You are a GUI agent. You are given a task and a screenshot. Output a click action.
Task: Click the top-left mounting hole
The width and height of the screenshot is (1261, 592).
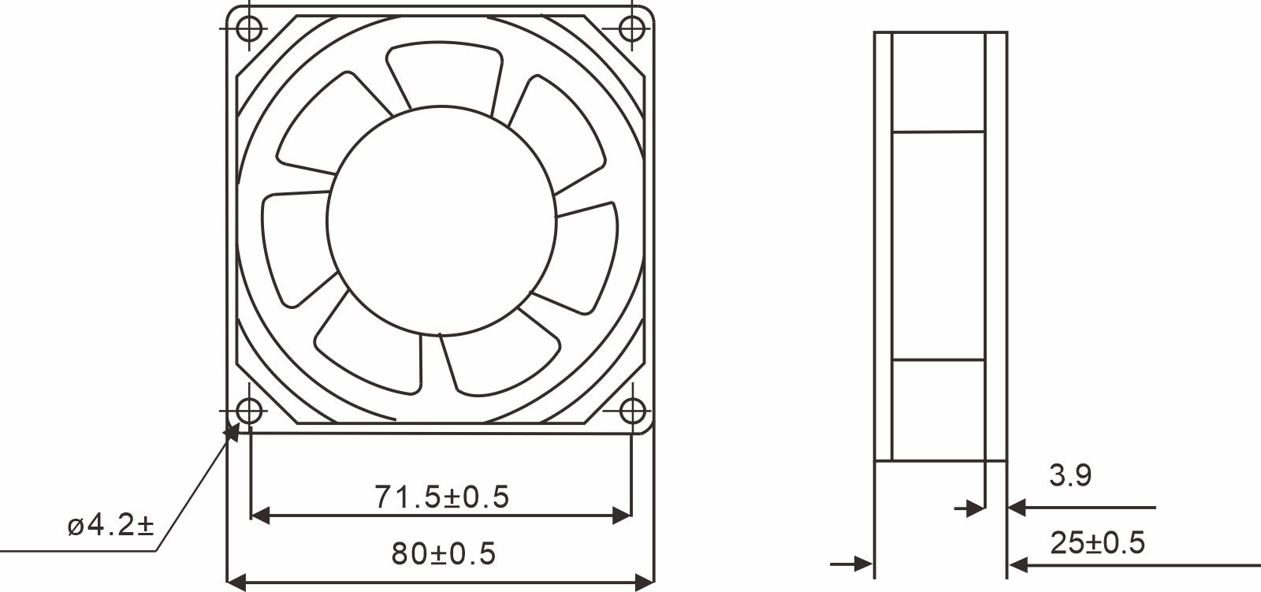coord(250,29)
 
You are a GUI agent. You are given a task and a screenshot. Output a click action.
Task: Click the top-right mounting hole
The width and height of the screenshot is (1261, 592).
coord(631,29)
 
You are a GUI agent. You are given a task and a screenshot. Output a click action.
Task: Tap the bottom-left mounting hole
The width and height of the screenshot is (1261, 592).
coord(250,411)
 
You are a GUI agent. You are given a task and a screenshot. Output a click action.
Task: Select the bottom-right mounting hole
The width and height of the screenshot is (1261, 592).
coord(631,411)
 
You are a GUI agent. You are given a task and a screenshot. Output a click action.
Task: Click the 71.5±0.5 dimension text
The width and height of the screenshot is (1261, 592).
coord(441,497)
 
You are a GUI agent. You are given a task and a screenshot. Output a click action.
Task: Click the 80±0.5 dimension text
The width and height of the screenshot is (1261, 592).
coord(444,554)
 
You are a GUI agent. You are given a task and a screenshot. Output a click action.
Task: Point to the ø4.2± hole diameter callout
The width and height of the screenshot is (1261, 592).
coord(110,525)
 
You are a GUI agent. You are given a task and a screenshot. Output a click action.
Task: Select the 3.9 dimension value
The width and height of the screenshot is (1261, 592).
coord(1069,475)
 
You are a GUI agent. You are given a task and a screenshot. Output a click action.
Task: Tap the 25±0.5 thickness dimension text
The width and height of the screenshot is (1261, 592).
coord(1097,542)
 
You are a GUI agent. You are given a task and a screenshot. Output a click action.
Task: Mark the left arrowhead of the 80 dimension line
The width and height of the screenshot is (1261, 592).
coord(236,583)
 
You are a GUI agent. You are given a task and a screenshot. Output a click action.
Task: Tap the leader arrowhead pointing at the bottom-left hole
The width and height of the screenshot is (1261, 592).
coord(232,430)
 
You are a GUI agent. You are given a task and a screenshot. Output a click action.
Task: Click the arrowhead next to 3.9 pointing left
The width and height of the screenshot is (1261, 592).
coord(1017,508)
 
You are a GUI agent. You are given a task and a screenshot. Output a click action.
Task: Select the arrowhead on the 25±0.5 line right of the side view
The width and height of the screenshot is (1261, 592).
coord(1017,564)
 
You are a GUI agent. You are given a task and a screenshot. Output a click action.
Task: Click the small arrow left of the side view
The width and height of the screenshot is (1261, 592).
coord(864,564)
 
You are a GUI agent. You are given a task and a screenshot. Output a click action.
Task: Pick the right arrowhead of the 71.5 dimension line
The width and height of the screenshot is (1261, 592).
coord(622,516)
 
